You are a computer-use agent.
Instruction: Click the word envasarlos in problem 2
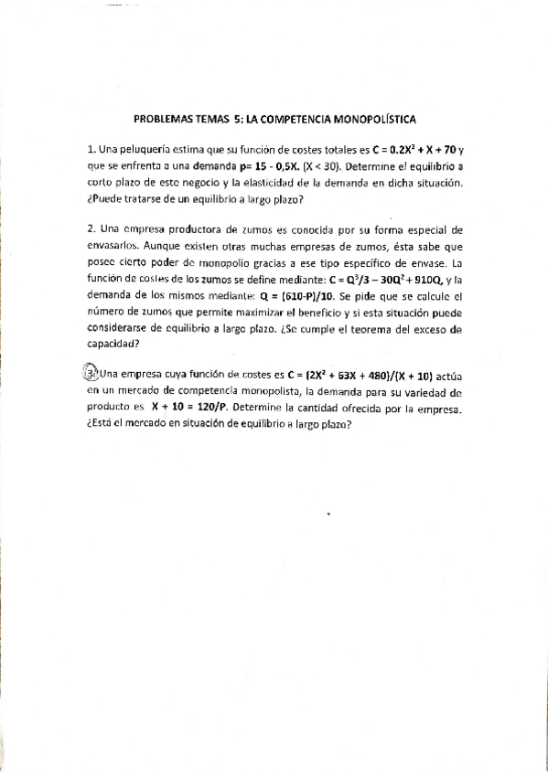pyautogui.click(x=114, y=245)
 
